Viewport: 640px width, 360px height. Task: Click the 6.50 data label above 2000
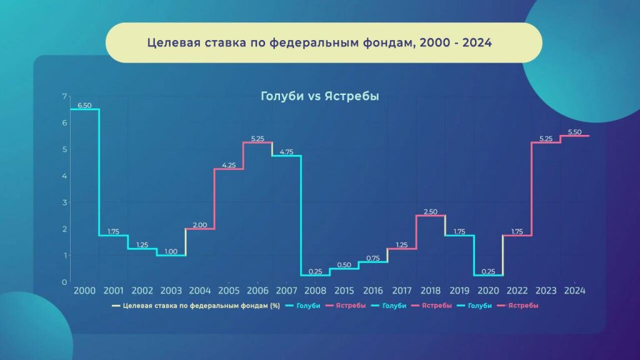(84, 105)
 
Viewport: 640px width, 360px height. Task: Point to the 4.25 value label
(229, 165)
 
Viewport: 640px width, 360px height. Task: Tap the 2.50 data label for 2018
(431, 212)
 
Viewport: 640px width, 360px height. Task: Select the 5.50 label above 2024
(575, 132)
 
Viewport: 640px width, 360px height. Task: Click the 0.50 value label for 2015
(344, 265)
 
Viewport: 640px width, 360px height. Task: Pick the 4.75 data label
(286, 152)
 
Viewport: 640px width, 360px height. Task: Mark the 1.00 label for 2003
(171, 251)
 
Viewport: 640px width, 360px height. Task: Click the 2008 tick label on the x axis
(316, 291)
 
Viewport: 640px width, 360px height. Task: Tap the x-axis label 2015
(344, 291)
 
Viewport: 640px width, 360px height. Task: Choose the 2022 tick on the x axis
(517, 291)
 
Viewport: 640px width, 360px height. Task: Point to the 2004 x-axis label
(200, 291)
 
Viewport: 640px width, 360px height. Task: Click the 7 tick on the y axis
(64, 96)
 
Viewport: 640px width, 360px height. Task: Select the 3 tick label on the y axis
(64, 202)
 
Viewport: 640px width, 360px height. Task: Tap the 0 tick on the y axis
(64, 282)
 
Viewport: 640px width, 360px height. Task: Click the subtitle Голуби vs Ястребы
(320, 96)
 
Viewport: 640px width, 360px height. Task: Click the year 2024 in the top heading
(477, 42)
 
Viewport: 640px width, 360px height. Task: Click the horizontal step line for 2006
(258, 142)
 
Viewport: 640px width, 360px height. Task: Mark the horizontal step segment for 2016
(373, 262)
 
